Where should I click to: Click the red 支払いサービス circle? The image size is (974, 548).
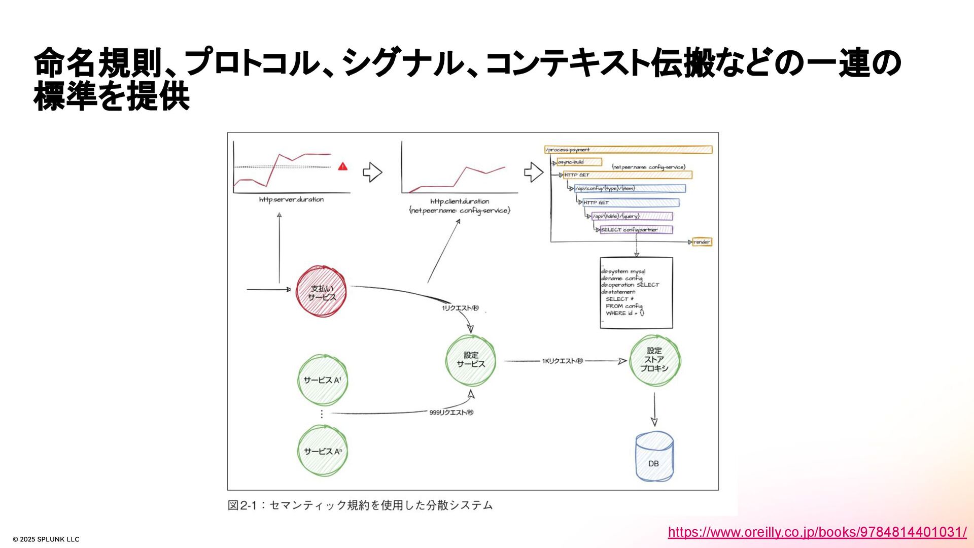pyautogui.click(x=322, y=292)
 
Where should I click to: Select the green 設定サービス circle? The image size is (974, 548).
pyautogui.click(x=471, y=360)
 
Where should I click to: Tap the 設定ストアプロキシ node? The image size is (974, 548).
pyautogui.click(x=654, y=360)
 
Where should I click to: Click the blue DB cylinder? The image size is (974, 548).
pyautogui.click(x=654, y=457)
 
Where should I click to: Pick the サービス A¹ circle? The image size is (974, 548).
pyautogui.click(x=322, y=380)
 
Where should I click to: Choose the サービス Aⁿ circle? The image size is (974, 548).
pyautogui.click(x=322, y=451)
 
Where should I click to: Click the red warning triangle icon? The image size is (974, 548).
pyautogui.click(x=343, y=166)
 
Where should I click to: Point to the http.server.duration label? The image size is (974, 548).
pyautogui.click(x=291, y=199)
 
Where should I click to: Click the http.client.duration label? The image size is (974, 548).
pyautogui.click(x=460, y=201)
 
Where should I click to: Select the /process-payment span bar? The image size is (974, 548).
pyautogui.click(x=628, y=150)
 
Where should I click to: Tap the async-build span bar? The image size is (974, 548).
pyautogui.click(x=579, y=162)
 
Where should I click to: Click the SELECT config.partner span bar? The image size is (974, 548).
pyautogui.click(x=636, y=230)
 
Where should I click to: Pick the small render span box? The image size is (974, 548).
pyautogui.click(x=702, y=242)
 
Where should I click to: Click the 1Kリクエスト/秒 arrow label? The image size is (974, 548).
pyautogui.click(x=562, y=361)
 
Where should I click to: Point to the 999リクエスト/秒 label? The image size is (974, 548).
pyautogui.click(x=451, y=413)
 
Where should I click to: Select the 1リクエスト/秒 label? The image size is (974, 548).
pyautogui.click(x=460, y=308)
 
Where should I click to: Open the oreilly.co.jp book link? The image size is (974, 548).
pyautogui.click(x=817, y=532)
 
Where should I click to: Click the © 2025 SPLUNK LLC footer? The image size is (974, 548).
pyautogui.click(x=46, y=539)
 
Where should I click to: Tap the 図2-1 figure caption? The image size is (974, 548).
pyautogui.click(x=360, y=505)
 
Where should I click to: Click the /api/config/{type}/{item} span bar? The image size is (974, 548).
pyautogui.click(x=630, y=188)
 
